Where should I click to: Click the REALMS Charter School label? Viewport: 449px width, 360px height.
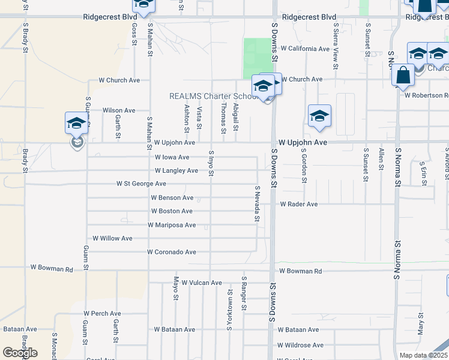pyautogui.click(x=213, y=96)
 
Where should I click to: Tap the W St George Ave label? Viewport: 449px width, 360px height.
pyautogui.click(x=141, y=183)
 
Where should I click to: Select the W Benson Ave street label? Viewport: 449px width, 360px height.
pyautogui.click(x=172, y=197)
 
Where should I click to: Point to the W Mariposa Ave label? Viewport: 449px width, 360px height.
pyautogui.click(x=172, y=225)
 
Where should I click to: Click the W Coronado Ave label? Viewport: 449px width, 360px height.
pyautogui.click(x=172, y=252)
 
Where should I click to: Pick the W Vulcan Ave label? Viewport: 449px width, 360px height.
pyautogui.click(x=202, y=283)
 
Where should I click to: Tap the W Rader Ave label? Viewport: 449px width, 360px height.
pyautogui.click(x=298, y=204)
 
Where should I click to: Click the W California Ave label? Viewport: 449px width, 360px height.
pyautogui.click(x=305, y=48)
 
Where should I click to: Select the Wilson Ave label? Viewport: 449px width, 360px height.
pyautogui.click(x=119, y=110)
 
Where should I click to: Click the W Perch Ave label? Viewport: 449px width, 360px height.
pyautogui.click(x=102, y=313)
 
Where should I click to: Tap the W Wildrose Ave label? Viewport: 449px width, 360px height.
pyautogui.click(x=300, y=345)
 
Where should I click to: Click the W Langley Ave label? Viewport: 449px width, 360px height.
pyautogui.click(x=176, y=171)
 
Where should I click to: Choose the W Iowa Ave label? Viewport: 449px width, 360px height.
pyautogui.click(x=172, y=157)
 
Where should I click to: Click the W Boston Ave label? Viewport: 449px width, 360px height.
pyautogui.click(x=172, y=211)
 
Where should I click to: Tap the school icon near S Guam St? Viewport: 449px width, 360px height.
pyautogui.click(x=77, y=123)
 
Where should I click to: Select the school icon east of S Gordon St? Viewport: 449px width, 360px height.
pyautogui.click(x=319, y=116)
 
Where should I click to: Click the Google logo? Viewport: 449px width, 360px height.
pyautogui.click(x=20, y=353)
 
